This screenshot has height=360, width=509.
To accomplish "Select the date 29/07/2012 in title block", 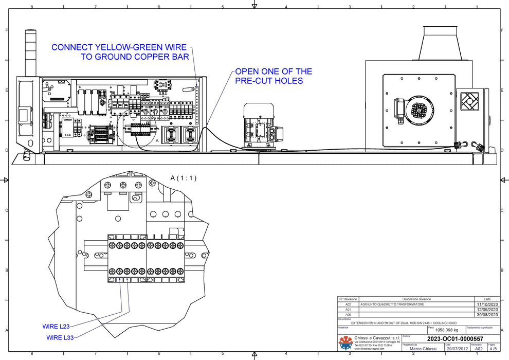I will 458,349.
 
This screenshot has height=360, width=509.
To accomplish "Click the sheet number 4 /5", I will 493,349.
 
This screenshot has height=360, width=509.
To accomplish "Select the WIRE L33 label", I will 60,338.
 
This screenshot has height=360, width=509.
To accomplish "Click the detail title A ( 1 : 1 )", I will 184,178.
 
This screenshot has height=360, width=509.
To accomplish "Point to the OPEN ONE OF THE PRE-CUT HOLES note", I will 273,76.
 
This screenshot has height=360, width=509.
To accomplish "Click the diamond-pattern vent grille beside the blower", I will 469,101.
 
